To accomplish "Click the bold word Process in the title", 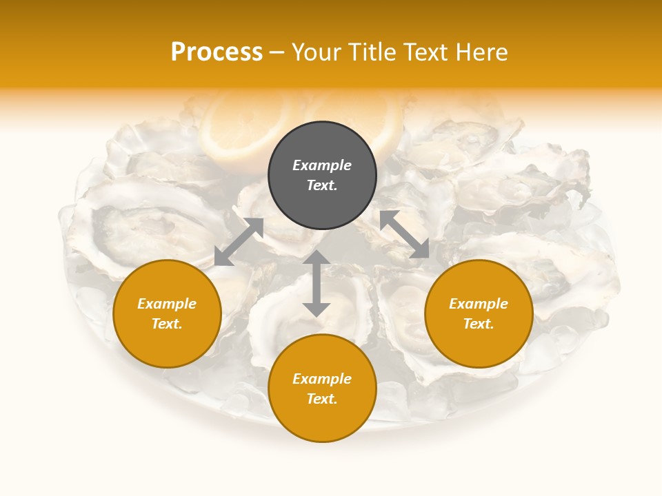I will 217,52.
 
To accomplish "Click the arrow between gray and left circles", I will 239,241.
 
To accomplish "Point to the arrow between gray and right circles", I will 404,234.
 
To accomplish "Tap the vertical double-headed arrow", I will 316,283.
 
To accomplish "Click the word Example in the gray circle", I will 322,165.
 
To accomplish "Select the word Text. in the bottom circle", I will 322,399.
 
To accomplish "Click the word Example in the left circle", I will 167,304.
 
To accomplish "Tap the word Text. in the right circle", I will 479,324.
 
